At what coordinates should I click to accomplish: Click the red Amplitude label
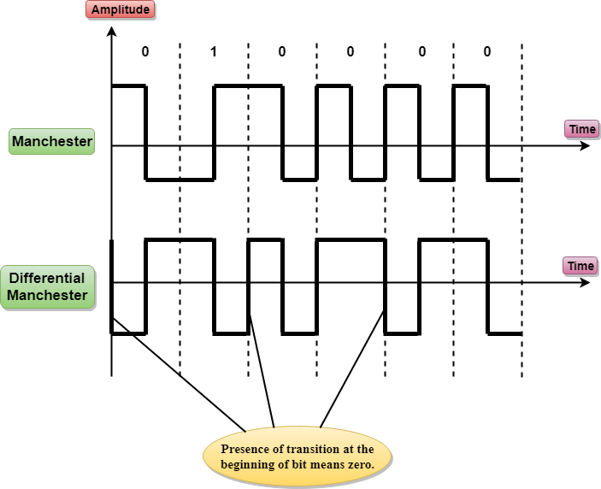[x=121, y=10]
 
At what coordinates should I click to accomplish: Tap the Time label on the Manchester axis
[x=582, y=129]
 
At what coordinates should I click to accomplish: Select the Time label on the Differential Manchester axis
[x=580, y=266]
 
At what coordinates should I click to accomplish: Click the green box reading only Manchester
[x=51, y=141]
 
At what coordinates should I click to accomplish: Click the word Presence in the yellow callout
[x=246, y=448]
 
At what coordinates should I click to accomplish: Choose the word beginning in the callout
[x=247, y=463]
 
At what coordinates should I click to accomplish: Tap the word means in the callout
[x=328, y=463]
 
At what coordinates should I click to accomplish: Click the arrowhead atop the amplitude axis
[x=111, y=32]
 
